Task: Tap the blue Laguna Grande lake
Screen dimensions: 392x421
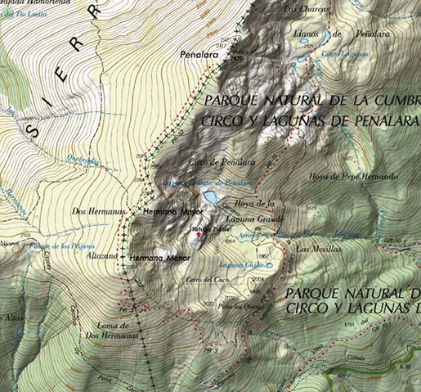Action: tap(211, 197)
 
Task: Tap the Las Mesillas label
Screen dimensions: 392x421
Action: tap(314, 248)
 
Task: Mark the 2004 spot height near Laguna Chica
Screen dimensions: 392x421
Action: tap(259, 279)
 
